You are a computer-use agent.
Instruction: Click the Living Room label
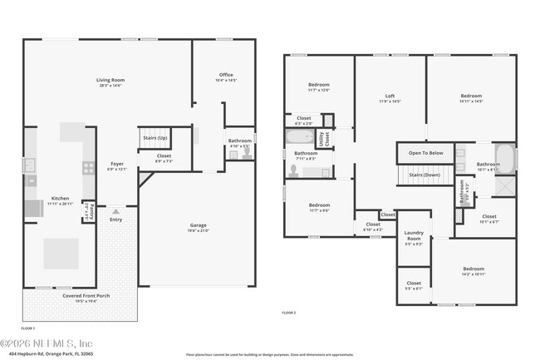coord(110,81)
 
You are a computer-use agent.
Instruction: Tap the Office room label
coord(226,76)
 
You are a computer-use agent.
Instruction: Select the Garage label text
coord(198,225)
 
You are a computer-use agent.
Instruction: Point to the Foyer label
coord(117,164)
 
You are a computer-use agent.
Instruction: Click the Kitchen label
coord(61,199)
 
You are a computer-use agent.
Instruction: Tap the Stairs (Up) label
coord(155,138)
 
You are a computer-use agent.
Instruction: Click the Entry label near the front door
coord(115,219)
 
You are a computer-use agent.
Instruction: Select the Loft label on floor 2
coord(390,96)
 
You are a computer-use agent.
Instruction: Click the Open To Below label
coord(425,153)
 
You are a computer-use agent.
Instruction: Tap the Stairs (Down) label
coord(425,175)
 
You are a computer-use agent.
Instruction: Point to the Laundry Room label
coord(413,236)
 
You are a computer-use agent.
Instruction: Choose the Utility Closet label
coord(326,139)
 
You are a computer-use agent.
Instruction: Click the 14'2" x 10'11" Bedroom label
coord(474,269)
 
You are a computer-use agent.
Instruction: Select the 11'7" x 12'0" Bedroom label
coord(319,85)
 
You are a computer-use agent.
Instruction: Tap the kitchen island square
coord(61,254)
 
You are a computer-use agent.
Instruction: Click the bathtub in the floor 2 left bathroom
coord(300,137)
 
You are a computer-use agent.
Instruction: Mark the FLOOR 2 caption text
coord(289,312)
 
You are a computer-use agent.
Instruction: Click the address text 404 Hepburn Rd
coord(50,353)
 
